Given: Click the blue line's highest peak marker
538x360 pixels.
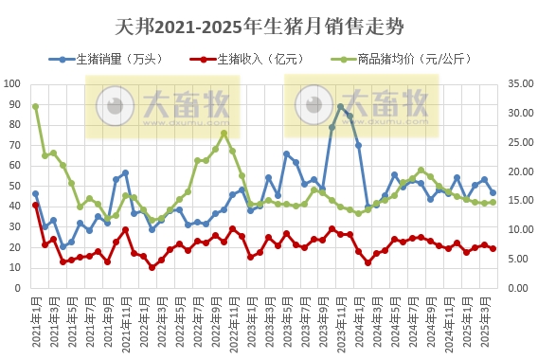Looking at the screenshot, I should point(341,107).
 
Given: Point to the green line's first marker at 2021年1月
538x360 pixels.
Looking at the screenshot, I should point(35,106).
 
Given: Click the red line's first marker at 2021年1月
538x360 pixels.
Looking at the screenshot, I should point(35,205).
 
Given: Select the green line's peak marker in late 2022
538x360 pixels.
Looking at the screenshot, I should point(224,133).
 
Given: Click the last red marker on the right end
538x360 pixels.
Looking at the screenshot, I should point(493,249).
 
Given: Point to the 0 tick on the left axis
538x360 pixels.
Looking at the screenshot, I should point(22,288).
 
